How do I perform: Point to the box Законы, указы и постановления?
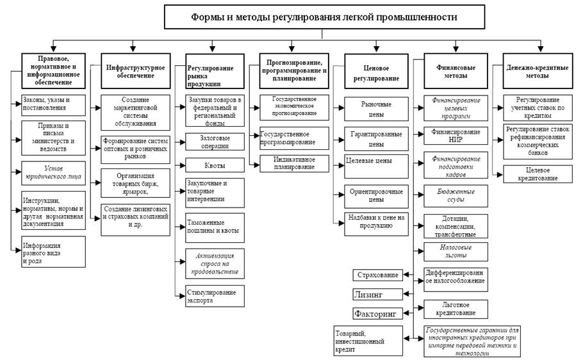(x=53, y=104)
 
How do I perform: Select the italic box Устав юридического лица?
(x=53, y=172)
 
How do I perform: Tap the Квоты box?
(x=215, y=165)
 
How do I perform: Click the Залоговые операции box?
(x=215, y=141)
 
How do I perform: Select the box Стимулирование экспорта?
(x=215, y=296)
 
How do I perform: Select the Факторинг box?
(x=377, y=314)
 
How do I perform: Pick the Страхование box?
(x=377, y=275)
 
